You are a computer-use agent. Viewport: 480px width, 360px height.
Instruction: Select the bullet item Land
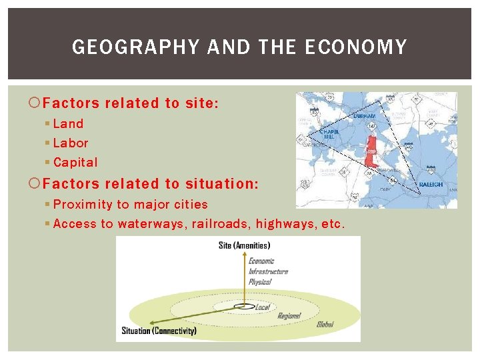click(x=68, y=123)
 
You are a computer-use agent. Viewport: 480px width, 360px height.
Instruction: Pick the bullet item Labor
click(x=70, y=143)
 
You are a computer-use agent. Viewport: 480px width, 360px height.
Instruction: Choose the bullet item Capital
click(x=75, y=162)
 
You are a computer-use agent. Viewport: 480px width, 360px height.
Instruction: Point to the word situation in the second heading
click(x=221, y=184)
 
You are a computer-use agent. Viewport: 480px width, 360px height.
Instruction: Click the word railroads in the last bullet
click(x=219, y=224)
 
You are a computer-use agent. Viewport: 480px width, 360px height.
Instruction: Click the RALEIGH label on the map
click(x=430, y=184)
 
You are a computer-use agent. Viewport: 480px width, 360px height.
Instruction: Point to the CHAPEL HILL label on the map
click(x=329, y=134)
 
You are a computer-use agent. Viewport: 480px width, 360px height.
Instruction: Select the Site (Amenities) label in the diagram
click(x=244, y=245)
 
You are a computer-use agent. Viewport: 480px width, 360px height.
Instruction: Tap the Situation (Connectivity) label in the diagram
click(x=159, y=331)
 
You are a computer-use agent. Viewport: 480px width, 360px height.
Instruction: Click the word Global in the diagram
click(x=325, y=324)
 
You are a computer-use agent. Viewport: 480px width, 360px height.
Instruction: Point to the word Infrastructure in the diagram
click(x=268, y=271)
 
